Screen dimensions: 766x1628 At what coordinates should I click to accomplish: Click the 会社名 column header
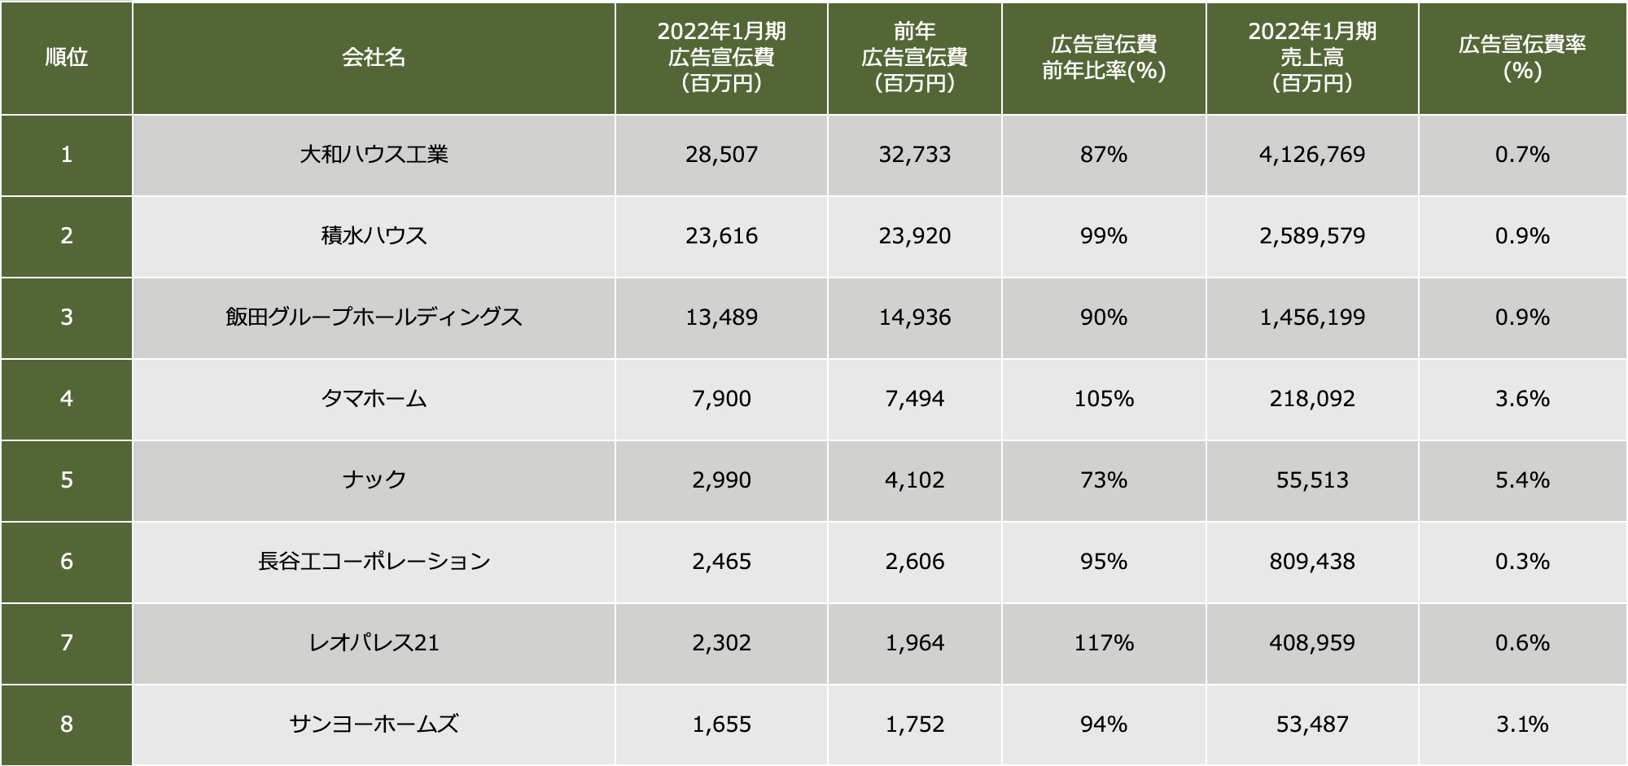[x=374, y=57]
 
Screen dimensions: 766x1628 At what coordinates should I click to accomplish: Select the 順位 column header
[x=66, y=57]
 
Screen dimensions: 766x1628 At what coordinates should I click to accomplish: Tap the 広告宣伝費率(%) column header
[x=1522, y=57]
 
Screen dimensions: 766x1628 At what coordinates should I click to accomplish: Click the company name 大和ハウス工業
[x=374, y=155]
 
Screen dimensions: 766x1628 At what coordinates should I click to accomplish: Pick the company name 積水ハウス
[x=374, y=236]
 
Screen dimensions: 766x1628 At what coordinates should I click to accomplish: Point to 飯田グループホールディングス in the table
[x=374, y=317]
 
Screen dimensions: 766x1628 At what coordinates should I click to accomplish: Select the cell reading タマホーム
[x=374, y=399]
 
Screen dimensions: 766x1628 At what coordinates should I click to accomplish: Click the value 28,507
[x=721, y=155]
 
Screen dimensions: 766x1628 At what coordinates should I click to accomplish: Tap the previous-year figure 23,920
[x=914, y=236]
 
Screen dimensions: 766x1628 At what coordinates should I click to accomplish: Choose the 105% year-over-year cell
[x=1104, y=399]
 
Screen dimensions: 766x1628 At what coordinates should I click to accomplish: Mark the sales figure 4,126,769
[x=1312, y=155]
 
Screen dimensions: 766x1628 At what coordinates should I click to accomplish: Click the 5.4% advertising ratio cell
[x=1522, y=480]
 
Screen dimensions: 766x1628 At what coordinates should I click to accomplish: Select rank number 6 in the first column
[x=66, y=562]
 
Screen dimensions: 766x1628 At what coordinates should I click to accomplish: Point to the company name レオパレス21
[x=374, y=643]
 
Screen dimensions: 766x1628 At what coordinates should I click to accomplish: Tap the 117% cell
[x=1104, y=643]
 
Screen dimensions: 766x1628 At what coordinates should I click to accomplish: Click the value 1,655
[x=721, y=724]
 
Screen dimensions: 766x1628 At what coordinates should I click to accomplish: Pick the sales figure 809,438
[x=1312, y=562]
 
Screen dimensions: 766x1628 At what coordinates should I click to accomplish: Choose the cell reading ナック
[x=374, y=480]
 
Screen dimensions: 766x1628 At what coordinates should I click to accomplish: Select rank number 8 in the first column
[x=66, y=724]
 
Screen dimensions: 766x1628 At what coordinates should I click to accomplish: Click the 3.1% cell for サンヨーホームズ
[x=1522, y=724]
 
